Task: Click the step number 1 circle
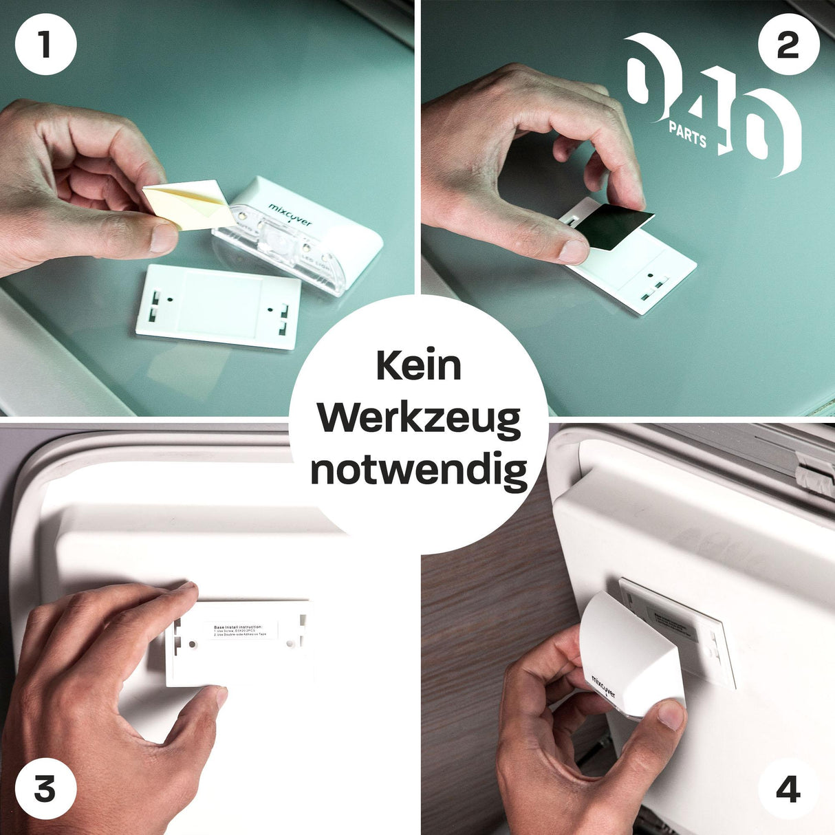click(45, 45)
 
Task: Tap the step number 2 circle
click(788, 45)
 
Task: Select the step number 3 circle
click(45, 790)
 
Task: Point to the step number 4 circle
click(788, 790)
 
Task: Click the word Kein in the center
click(418, 365)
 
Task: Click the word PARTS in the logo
click(687, 135)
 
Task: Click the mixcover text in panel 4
click(603, 686)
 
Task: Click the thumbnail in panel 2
click(573, 251)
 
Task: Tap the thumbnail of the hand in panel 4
click(671, 715)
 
